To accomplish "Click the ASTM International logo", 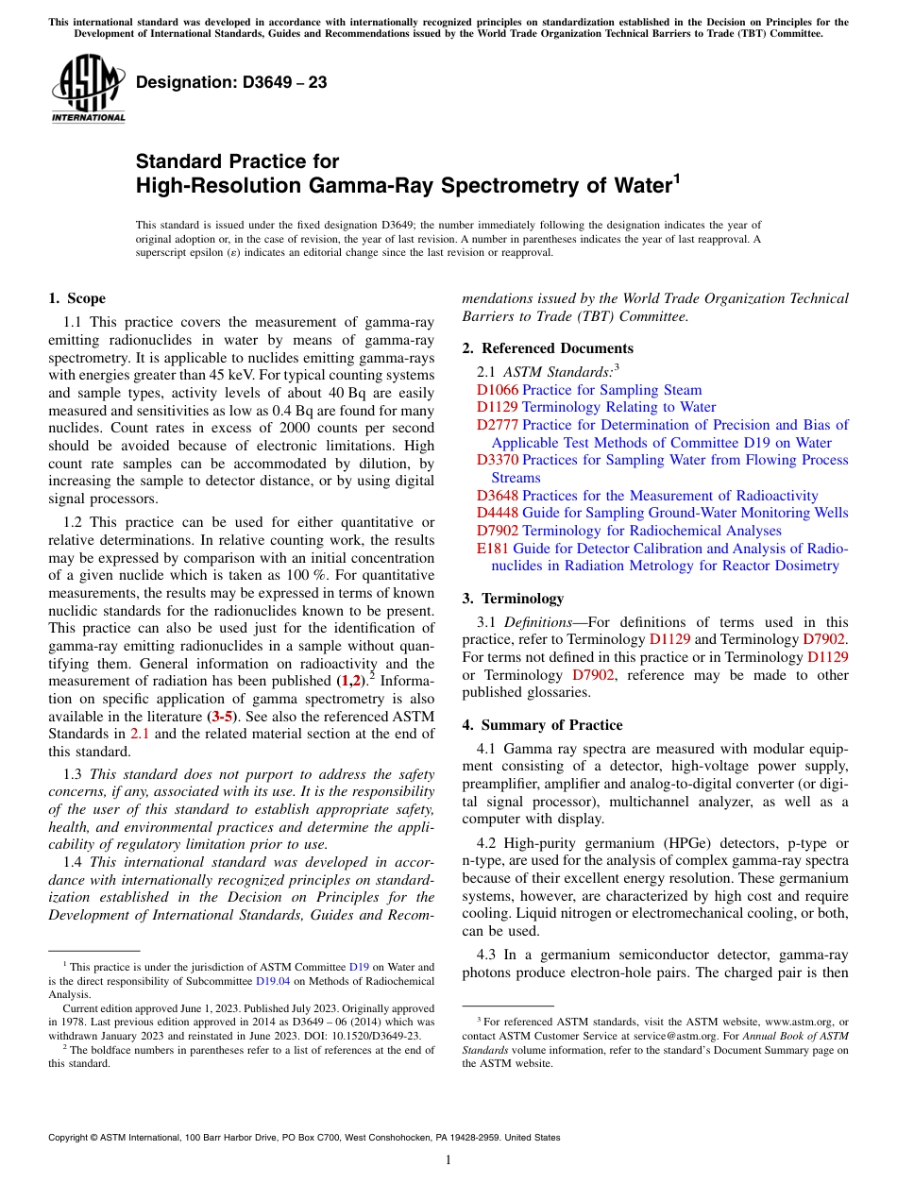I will [88, 90].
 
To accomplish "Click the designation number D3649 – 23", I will [231, 82].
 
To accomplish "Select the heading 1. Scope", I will [76, 298].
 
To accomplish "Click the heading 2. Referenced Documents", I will [548, 348].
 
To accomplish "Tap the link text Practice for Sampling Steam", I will [612, 390].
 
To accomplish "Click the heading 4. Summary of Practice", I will [542, 725].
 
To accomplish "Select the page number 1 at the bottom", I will [448, 1159].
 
